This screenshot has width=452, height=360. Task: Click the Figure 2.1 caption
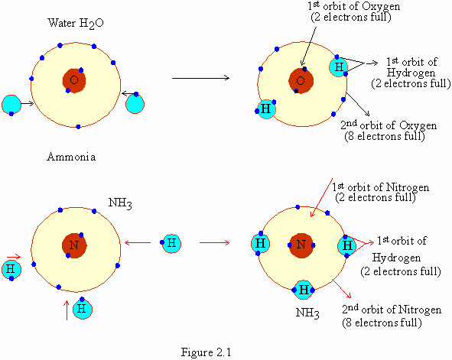pyautogui.click(x=206, y=352)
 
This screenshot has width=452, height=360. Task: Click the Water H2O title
pyautogui.click(x=76, y=24)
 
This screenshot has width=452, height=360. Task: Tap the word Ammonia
pyautogui.click(x=71, y=157)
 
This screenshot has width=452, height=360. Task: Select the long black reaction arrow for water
pyautogui.click(x=200, y=78)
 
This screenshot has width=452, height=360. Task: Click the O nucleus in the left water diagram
pyautogui.click(x=74, y=80)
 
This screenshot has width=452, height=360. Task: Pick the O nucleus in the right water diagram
pyautogui.click(x=301, y=81)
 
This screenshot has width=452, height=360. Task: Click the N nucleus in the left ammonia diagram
pyautogui.click(x=74, y=245)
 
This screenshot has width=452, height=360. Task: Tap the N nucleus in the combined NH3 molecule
pyautogui.click(x=301, y=245)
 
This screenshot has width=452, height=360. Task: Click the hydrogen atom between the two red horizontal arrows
pyautogui.click(x=172, y=243)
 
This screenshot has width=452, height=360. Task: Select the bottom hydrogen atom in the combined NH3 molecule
pyautogui.click(x=304, y=290)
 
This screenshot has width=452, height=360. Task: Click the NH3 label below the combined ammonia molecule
pyautogui.click(x=307, y=313)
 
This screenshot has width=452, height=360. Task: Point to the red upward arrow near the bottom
pyautogui.click(x=67, y=310)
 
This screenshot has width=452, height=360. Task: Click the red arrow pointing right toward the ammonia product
pyautogui.click(x=215, y=243)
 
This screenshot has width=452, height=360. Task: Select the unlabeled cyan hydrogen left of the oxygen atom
pyautogui.click(x=11, y=105)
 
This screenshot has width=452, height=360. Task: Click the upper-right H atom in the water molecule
pyautogui.click(x=339, y=66)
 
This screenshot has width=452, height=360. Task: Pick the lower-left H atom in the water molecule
pyautogui.click(x=266, y=109)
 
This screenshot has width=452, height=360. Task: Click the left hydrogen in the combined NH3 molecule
pyautogui.click(x=260, y=244)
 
